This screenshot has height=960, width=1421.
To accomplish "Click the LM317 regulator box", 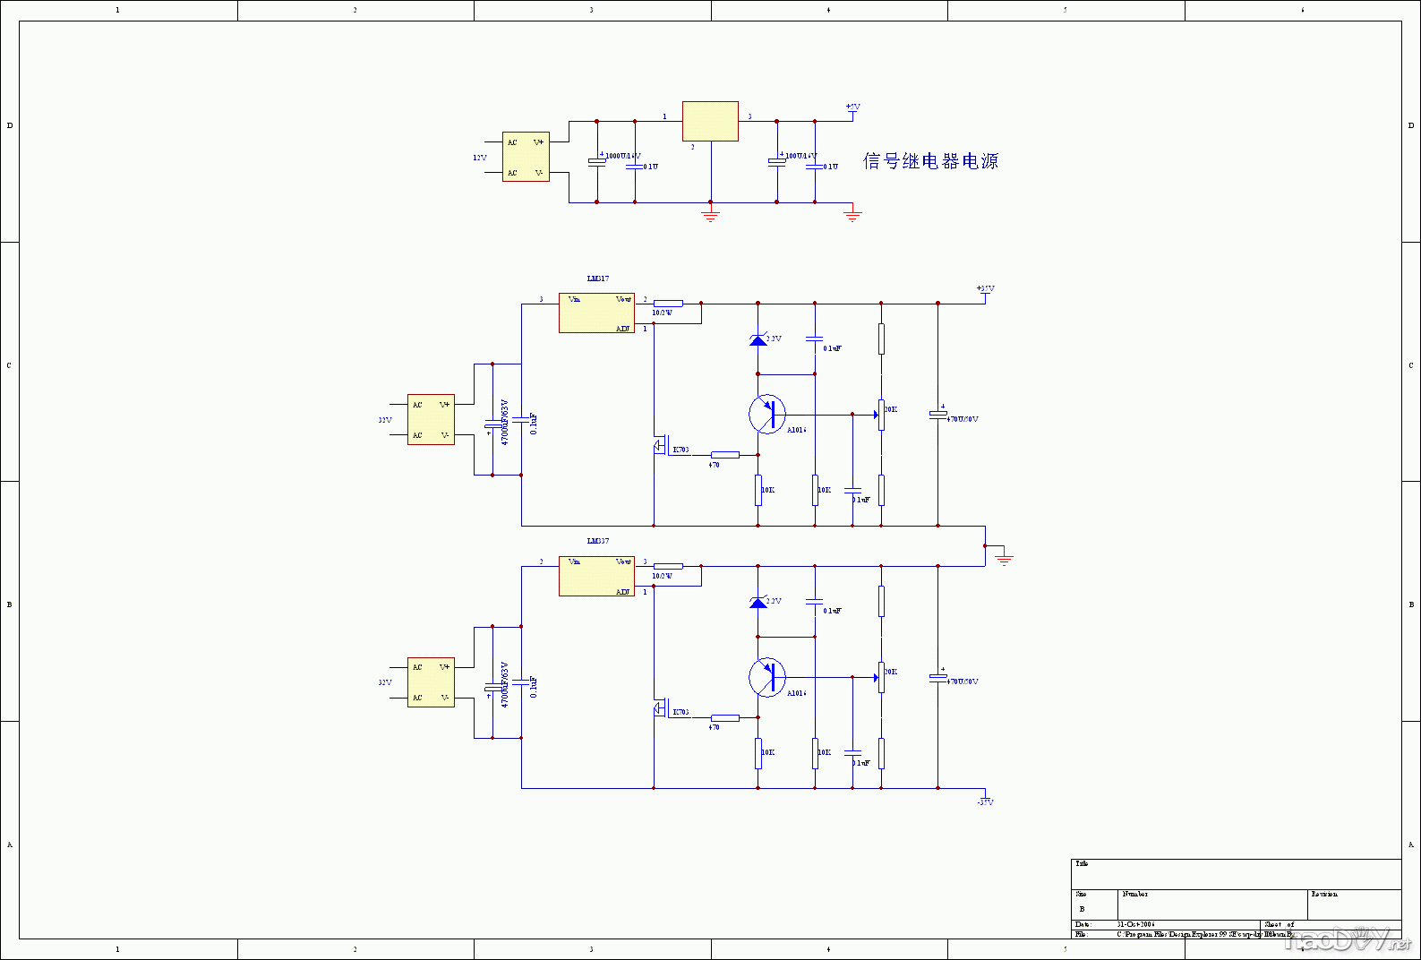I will (596, 313).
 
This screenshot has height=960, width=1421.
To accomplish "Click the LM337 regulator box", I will (596, 576).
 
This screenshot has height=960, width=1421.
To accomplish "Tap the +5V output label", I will (852, 107).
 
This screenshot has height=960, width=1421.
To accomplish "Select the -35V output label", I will (985, 801).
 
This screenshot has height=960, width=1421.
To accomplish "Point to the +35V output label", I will (985, 288).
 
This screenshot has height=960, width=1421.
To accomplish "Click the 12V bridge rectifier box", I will (526, 157).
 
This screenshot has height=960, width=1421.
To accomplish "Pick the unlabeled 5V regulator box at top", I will (710, 121).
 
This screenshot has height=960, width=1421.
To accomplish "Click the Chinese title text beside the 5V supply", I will (930, 161).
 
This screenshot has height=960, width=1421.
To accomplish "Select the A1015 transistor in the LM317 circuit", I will (767, 415).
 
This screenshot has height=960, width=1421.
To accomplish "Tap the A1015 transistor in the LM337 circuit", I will (767, 677).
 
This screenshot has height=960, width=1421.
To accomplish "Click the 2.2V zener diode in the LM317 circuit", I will (758, 339).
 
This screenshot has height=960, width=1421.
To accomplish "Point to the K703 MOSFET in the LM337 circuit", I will (660, 710).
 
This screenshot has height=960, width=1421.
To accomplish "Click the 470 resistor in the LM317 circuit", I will (724, 455).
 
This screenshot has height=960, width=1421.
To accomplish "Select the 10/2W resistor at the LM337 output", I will (668, 566).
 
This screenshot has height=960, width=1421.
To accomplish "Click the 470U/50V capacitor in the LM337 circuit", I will (937, 677).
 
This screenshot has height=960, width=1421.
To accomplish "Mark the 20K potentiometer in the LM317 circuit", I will (881, 415).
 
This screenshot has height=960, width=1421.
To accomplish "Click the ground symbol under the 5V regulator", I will (710, 215).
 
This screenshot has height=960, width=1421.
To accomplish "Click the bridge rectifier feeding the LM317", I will (431, 419).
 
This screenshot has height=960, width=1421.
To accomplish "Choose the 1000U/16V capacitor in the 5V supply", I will (597, 162).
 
